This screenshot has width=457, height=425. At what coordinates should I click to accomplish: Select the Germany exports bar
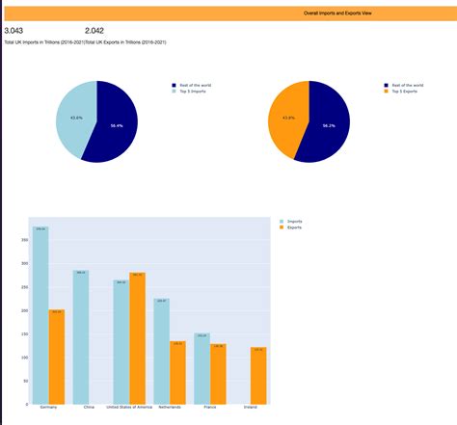[57, 357]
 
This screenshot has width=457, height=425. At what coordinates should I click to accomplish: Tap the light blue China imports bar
[81, 337]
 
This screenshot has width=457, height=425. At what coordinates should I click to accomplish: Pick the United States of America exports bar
[137, 338]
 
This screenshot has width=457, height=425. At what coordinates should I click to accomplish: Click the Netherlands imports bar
[161, 351]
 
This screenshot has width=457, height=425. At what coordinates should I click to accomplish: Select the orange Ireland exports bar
[258, 376]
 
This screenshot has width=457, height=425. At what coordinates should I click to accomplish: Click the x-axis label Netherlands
[170, 408]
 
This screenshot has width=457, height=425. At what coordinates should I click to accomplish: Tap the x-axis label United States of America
[129, 408]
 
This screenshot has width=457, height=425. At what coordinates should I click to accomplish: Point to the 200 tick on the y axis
[24, 310]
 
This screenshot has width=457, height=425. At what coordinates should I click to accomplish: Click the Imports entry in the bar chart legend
[294, 221]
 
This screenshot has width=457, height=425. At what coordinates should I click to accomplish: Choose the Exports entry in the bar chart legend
[294, 227]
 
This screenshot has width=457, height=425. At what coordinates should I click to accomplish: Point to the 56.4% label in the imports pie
[117, 125]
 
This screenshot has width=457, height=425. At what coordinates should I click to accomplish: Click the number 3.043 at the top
[14, 32]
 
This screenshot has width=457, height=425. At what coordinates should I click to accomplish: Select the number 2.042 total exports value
[94, 32]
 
